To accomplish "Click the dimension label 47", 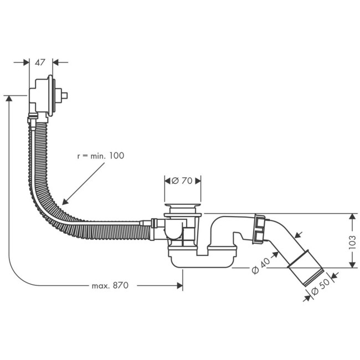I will click(x=40, y=63).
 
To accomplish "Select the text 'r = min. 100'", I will click(x=100, y=156).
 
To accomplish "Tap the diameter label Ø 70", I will click(x=183, y=181).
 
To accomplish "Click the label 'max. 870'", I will click(x=110, y=286).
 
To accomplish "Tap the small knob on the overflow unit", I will click(x=65, y=95).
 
